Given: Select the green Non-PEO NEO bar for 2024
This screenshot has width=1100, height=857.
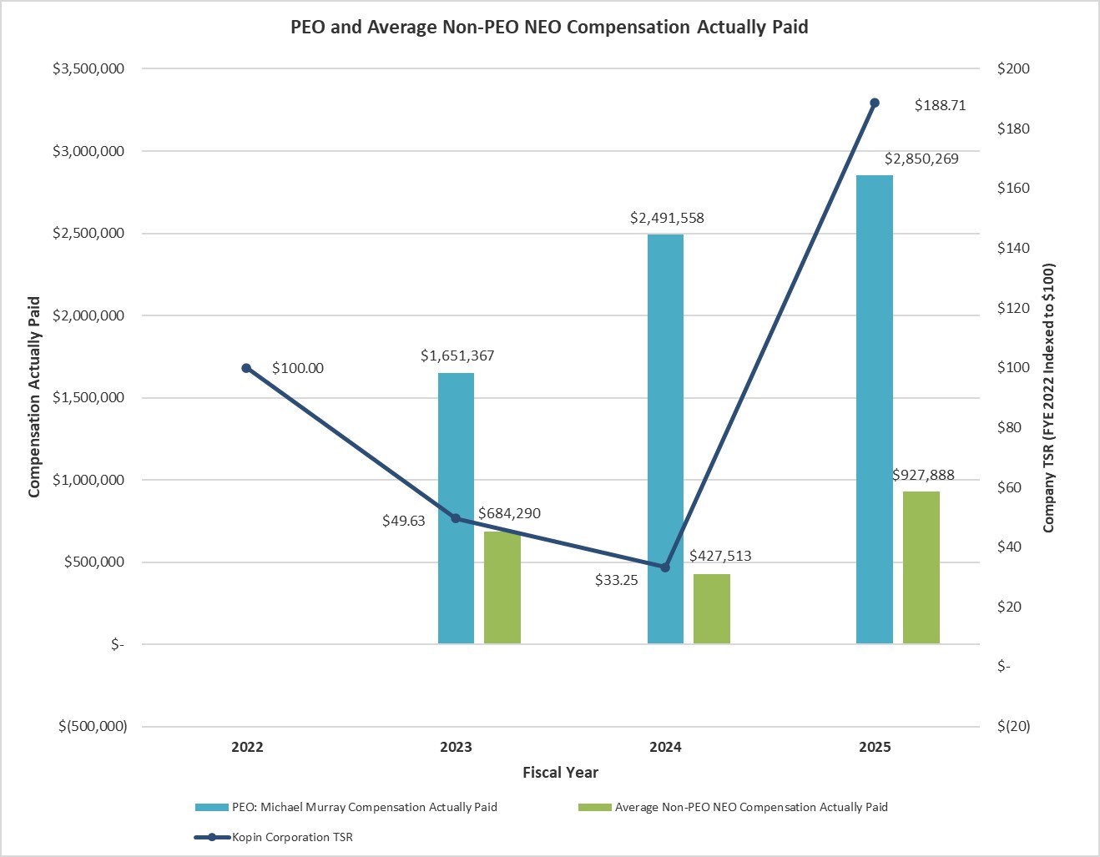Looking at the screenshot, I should (x=711, y=608).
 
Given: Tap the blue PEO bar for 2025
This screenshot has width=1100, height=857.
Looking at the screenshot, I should (x=875, y=409).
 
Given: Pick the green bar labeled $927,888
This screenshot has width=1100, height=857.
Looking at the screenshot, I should (x=921, y=567).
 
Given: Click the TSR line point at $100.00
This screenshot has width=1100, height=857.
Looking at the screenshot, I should (x=246, y=368).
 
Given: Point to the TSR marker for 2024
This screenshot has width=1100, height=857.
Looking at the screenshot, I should (x=665, y=567).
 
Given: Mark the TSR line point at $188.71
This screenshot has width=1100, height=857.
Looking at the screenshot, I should (x=875, y=103).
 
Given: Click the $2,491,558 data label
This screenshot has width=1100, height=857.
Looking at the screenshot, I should (x=667, y=218).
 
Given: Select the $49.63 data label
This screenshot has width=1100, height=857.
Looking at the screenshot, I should (x=404, y=521).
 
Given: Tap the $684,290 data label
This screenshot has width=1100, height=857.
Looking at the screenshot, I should (x=509, y=513).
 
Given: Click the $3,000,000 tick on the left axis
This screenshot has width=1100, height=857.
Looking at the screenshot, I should (x=88, y=151).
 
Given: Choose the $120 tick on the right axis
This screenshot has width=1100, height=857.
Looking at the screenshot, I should (x=1014, y=308).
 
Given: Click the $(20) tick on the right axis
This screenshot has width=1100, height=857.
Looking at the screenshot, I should (x=1013, y=726).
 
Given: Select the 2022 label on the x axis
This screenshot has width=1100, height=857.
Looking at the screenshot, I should (x=247, y=747).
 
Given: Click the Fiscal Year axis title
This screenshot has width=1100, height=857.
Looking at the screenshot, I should (x=560, y=772).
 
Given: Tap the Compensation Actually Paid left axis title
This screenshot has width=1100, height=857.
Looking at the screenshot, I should (x=34, y=396).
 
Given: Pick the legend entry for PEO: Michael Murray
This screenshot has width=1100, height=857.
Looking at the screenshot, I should (x=364, y=807).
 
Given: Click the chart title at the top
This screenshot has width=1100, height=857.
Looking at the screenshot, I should (x=549, y=27).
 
